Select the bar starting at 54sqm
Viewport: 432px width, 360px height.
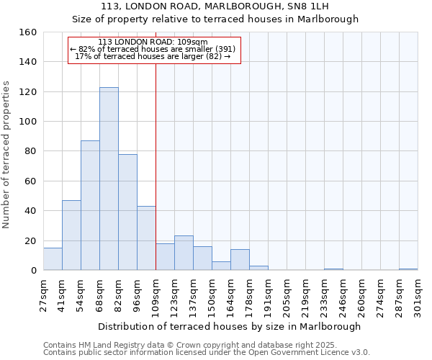[x=90, y=205]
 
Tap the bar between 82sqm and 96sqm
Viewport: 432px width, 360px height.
[x=127, y=212]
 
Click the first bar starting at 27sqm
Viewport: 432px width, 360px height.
[x=53, y=259]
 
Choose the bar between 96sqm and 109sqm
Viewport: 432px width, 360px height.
[x=146, y=238]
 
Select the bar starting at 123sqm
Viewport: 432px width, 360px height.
[x=184, y=253]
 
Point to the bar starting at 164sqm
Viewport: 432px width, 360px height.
[x=240, y=260]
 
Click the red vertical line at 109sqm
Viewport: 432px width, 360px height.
[x=156, y=166]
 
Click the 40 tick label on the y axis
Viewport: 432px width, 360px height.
[x=30, y=211]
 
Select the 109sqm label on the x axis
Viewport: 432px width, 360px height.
[x=156, y=295]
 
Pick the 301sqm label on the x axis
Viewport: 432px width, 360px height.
[x=418, y=295]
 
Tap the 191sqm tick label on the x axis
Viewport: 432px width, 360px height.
[x=268, y=295]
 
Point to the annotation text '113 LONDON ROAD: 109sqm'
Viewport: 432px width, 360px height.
[x=153, y=42]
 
